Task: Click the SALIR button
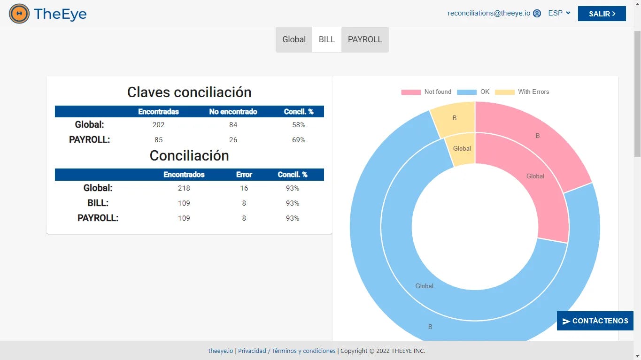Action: [602, 14]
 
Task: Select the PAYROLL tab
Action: [365, 39]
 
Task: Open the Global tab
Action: [294, 39]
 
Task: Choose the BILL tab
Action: [327, 39]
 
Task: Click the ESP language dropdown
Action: [559, 13]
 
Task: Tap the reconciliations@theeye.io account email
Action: [489, 13]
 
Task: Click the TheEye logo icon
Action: [19, 14]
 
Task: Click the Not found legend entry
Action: [426, 92]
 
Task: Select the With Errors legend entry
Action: [522, 92]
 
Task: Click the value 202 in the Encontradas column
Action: [159, 125]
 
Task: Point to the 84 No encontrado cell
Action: [233, 125]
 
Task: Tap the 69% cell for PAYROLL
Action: [299, 140]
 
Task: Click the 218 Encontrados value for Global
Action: [184, 188]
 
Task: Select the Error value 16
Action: [244, 188]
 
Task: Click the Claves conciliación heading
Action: [189, 92]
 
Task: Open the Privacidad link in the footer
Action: [252, 351]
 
